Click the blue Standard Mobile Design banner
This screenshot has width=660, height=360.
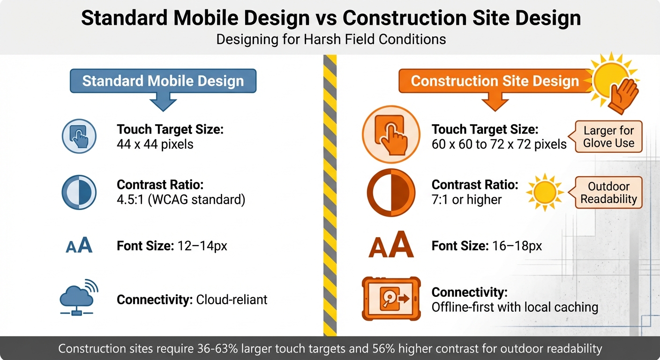pyautogui.click(x=163, y=81)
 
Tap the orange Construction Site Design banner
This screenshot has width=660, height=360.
pyautogui.click(x=495, y=81)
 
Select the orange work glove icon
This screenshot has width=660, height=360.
pyautogui.click(x=623, y=96)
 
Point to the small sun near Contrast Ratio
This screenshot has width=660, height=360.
pyautogui.click(x=544, y=192)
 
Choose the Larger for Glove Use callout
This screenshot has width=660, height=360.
pyautogui.click(x=608, y=136)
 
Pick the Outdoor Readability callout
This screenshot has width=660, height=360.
pyautogui.click(x=608, y=192)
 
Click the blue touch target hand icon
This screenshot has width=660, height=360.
pyautogui.click(x=79, y=136)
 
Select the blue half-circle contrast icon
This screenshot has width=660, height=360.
pyautogui.click(x=79, y=192)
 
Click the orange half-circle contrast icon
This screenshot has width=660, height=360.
pyautogui.click(x=390, y=192)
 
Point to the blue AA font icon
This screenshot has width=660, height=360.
pyautogui.click(x=79, y=246)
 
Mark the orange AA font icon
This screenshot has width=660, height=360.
pyautogui.click(x=390, y=246)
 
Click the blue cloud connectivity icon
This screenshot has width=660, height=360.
pyautogui.click(x=79, y=298)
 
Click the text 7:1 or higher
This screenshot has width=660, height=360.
pyautogui.click(x=466, y=199)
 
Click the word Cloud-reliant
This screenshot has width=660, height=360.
pyautogui.click(x=232, y=300)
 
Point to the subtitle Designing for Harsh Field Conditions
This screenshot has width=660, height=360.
pyautogui.click(x=331, y=39)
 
